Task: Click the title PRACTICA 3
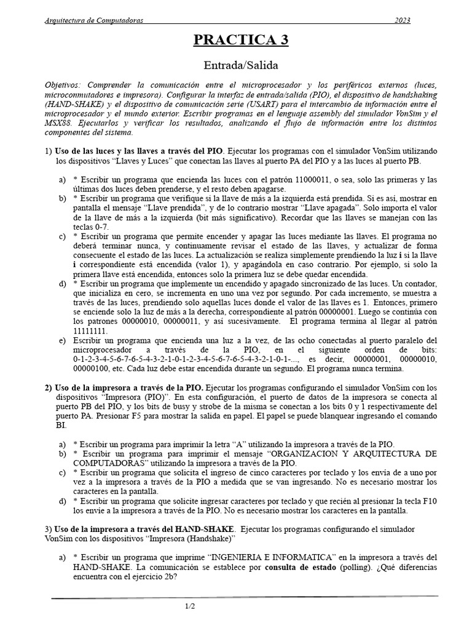241,41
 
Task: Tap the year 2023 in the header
402,20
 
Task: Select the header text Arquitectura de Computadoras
95,20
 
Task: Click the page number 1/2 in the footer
190,607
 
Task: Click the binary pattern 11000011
305,180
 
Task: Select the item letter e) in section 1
62,340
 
